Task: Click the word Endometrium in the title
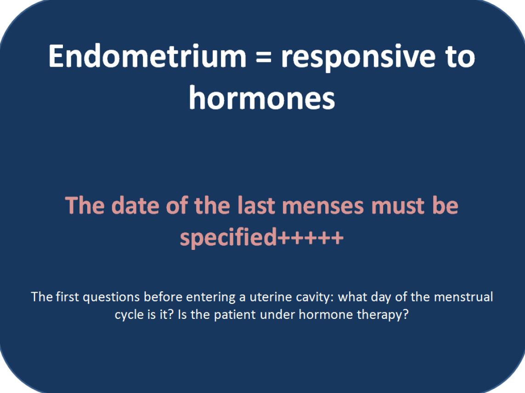click(x=147, y=56)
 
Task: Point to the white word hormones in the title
click(x=262, y=97)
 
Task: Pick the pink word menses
click(x=323, y=206)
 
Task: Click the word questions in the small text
click(x=111, y=297)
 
